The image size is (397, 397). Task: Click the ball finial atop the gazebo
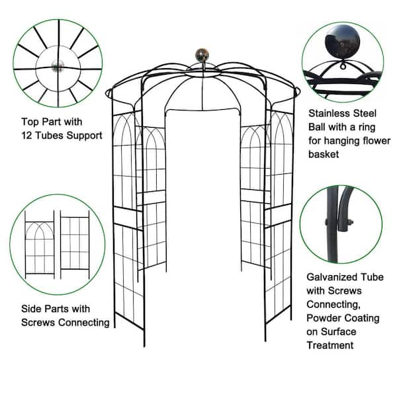click(x=202, y=54)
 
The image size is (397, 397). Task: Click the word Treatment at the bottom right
click(x=330, y=345)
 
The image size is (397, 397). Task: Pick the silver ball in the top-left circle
click(x=58, y=66)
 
